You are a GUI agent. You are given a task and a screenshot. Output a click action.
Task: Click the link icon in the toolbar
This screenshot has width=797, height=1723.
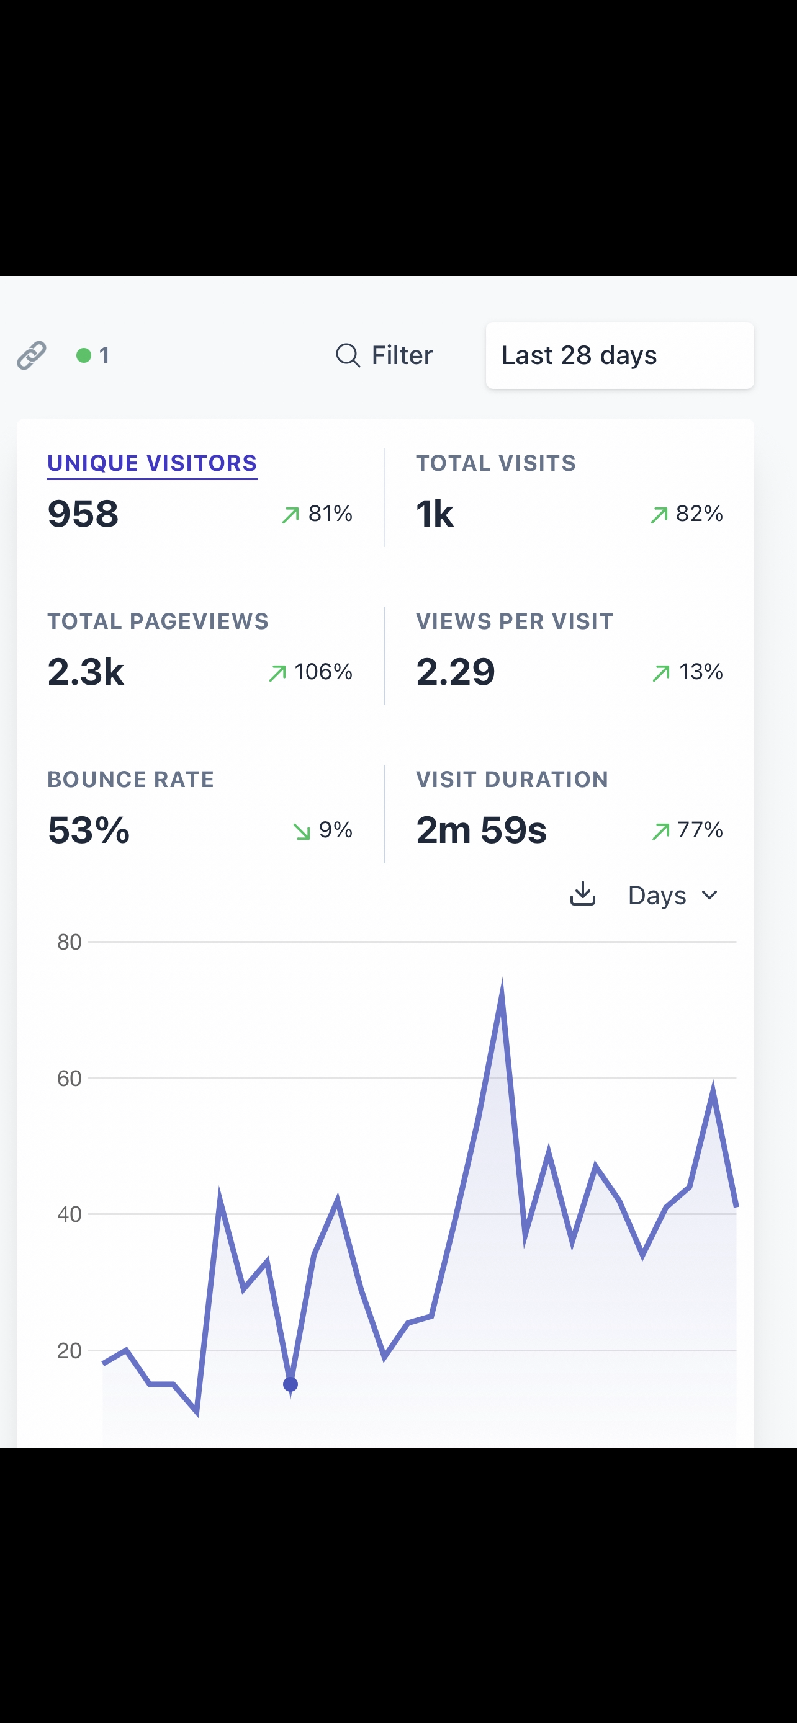(32, 355)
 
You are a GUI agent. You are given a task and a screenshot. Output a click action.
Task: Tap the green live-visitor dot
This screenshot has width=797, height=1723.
(84, 355)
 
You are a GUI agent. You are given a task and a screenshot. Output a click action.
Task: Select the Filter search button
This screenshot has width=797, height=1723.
(384, 355)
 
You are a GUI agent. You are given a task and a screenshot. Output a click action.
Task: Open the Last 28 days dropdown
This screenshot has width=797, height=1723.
(619, 355)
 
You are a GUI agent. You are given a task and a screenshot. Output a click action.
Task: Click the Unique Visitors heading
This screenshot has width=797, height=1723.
(152, 463)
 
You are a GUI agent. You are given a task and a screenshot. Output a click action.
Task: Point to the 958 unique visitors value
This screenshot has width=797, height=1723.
(83, 514)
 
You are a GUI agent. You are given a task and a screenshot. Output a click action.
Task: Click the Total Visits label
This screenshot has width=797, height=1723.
(495, 463)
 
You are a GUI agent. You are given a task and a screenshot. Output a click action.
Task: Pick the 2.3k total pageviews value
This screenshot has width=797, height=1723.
(86, 672)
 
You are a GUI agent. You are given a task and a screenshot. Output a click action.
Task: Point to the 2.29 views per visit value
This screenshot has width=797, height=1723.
(455, 672)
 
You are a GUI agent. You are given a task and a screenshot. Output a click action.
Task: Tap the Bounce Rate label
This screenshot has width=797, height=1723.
(130, 779)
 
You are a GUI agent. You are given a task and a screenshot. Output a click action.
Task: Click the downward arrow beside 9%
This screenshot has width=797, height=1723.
(302, 830)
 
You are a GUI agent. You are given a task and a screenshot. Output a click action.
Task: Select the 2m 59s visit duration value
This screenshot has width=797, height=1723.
(481, 830)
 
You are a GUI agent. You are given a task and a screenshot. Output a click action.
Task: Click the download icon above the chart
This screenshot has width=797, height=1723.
(582, 894)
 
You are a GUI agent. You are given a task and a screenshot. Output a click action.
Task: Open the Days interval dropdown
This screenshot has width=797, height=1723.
(672, 895)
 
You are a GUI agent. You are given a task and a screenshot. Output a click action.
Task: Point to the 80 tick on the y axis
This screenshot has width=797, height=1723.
(69, 942)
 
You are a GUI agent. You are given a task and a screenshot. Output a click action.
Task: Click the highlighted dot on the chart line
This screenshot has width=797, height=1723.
(290, 1384)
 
